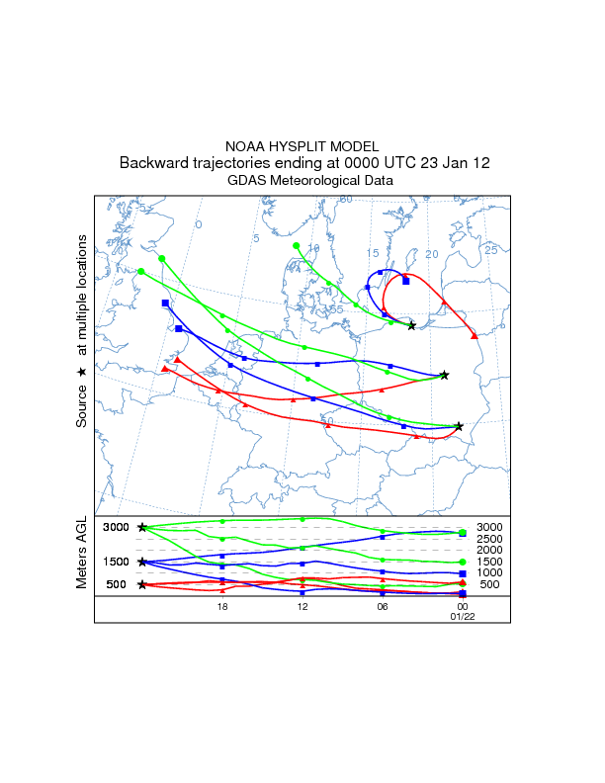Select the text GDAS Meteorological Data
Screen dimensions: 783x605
click(x=302, y=181)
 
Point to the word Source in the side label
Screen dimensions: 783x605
click(x=81, y=404)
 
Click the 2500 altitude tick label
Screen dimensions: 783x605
click(x=490, y=539)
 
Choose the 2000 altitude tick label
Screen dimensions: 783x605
click(x=490, y=550)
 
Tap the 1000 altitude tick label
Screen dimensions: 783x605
click(x=490, y=573)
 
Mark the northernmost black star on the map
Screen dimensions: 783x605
click(x=411, y=326)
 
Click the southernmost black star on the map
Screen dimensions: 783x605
click(x=460, y=426)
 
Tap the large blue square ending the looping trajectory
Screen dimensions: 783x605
click(x=406, y=281)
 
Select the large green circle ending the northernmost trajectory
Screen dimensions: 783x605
click(x=296, y=245)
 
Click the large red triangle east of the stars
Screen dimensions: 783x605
click(x=475, y=336)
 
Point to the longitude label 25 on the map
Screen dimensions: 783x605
click(x=490, y=250)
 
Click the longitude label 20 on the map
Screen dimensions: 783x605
click(x=431, y=254)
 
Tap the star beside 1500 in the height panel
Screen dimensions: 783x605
click(x=142, y=563)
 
